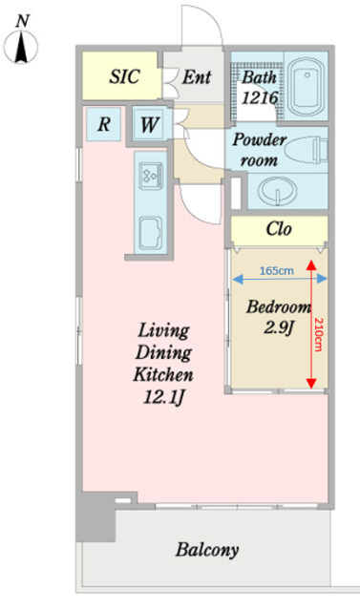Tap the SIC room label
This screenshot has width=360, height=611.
tap(124, 76)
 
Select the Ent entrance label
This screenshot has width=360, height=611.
tap(197, 76)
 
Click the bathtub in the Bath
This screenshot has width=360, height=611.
tap(307, 87)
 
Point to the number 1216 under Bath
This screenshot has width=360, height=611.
tap(260, 97)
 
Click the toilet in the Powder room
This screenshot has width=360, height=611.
tap(307, 150)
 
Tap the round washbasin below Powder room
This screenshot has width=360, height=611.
tap(277, 192)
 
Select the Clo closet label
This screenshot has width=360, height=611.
tap(279, 229)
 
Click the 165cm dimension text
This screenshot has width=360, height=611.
tap(277, 270)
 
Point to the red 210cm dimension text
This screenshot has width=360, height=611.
tap(319, 334)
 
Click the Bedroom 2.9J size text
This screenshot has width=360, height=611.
tap(279, 328)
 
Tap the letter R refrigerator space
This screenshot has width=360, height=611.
tap(104, 124)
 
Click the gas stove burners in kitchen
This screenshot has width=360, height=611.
tap(150, 176)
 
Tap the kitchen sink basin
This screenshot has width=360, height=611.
tap(151, 233)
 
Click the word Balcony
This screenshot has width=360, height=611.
tap(207, 550)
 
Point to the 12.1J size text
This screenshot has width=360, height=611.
tap(163, 397)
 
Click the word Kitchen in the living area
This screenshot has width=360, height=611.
tap(163, 374)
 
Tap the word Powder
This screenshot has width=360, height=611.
tap(260, 140)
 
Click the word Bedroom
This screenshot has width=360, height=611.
tap(279, 306)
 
